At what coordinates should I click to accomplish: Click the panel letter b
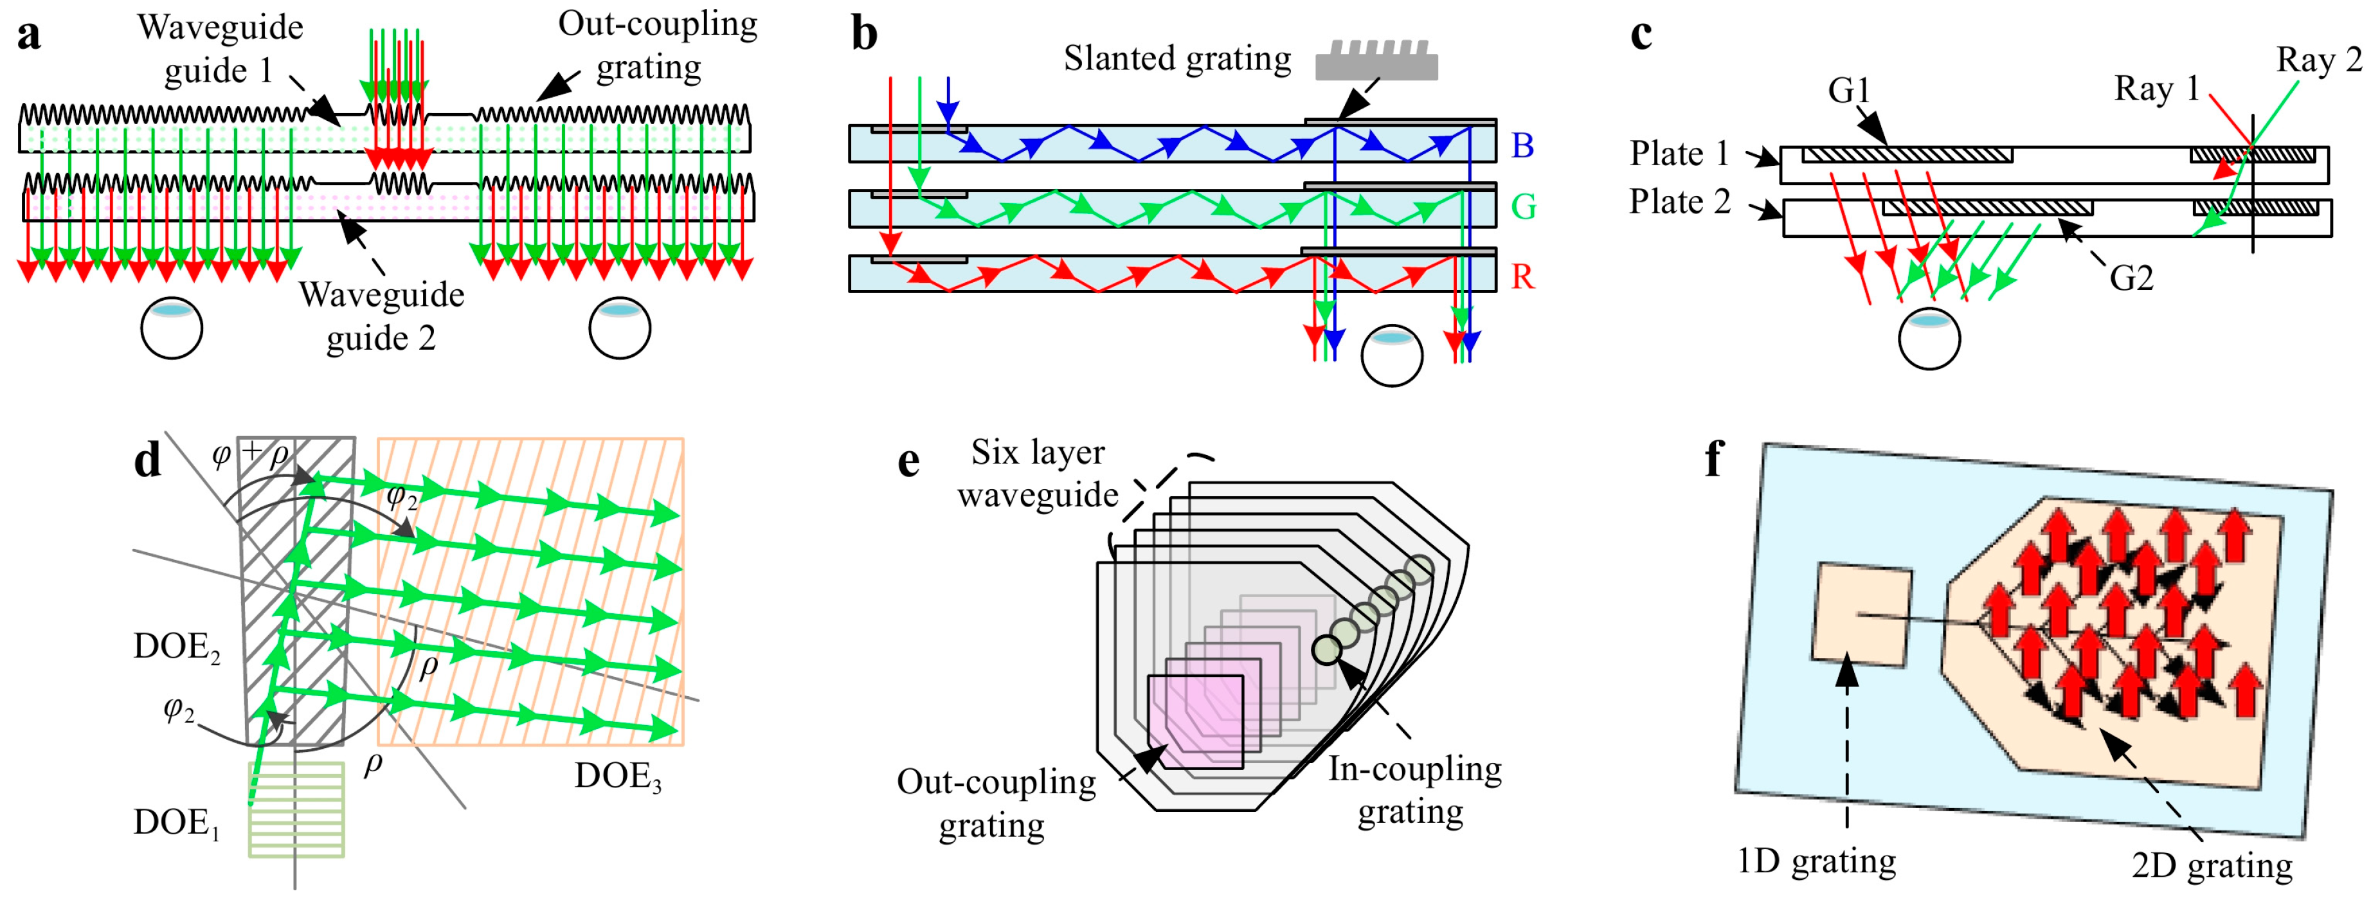point(864,35)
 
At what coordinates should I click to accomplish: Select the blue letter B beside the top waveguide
point(1523,145)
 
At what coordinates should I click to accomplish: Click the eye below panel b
point(1392,355)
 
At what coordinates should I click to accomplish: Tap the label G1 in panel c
point(1850,89)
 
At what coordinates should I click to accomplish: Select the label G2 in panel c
point(2132,277)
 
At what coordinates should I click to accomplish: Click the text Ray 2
point(2318,59)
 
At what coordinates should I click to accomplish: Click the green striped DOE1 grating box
point(296,810)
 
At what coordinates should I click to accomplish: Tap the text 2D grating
point(2212,865)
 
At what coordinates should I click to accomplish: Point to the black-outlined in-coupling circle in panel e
point(1326,650)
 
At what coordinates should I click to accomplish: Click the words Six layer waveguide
point(1038,473)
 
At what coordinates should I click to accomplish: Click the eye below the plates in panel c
point(1929,339)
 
